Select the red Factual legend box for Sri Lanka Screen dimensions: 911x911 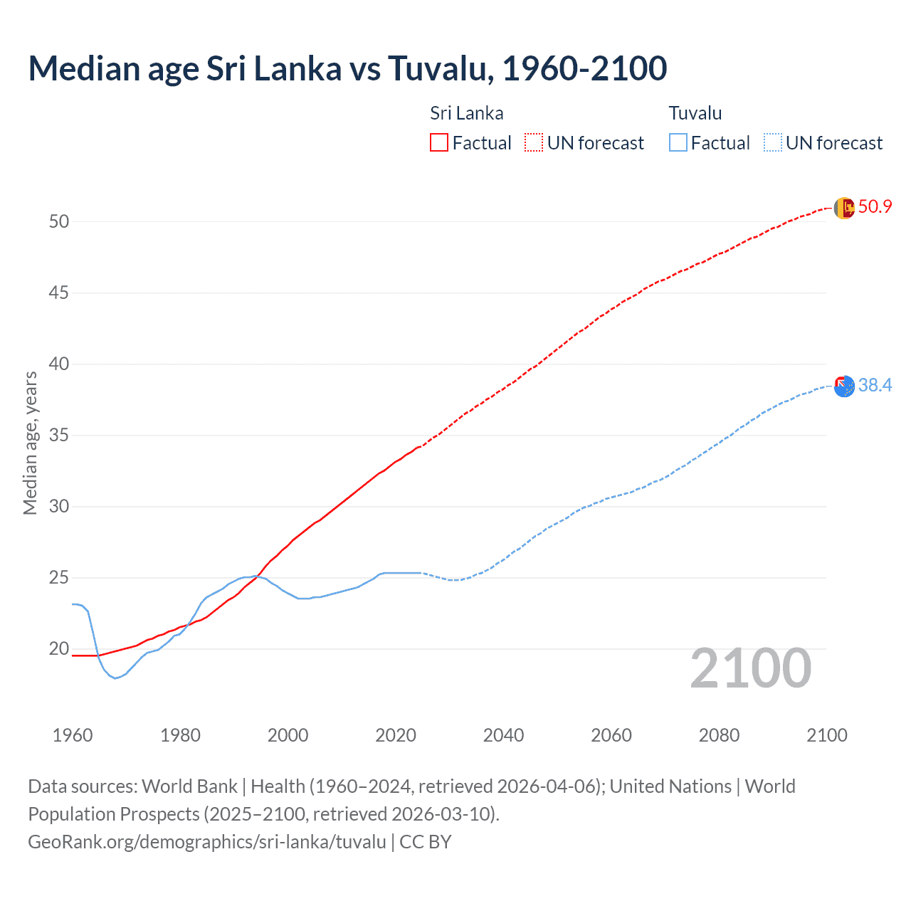(439, 142)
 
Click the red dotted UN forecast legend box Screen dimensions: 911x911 (534, 142)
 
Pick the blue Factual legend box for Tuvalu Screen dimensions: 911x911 (678, 142)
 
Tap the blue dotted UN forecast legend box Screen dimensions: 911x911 (773, 142)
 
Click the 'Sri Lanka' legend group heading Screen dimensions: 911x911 (466, 113)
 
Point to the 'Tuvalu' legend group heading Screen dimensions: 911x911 (695, 113)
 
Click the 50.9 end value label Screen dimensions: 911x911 (875, 207)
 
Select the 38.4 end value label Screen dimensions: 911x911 (875, 386)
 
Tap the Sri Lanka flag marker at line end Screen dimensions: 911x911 (844, 208)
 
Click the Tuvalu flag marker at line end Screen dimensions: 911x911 (844, 386)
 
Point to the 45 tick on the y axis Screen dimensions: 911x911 (59, 293)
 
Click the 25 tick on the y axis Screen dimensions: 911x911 (59, 577)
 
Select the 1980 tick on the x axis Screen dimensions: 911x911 (180, 735)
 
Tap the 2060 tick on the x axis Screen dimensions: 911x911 (611, 735)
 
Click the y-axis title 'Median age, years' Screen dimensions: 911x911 (30, 443)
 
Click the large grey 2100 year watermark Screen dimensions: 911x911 (750, 668)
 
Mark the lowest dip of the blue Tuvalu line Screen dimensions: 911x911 (115, 678)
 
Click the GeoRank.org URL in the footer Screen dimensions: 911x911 (207, 842)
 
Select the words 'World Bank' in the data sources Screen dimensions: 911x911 (189, 786)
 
